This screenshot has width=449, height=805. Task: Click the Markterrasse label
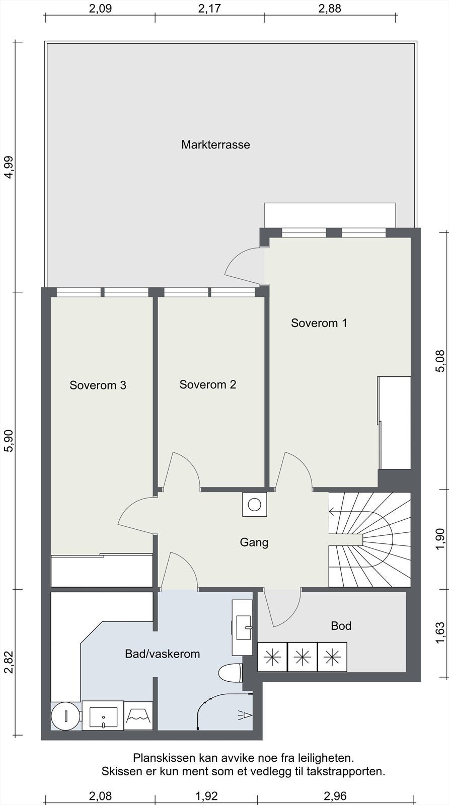(x=215, y=144)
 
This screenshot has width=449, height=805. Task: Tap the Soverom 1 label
(x=319, y=323)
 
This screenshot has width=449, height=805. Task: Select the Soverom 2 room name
(x=208, y=384)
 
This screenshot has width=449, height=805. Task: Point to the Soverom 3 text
(x=98, y=385)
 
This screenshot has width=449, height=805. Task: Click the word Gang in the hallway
(x=254, y=542)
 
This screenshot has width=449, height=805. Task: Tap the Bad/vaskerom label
(x=163, y=654)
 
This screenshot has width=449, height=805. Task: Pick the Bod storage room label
(x=341, y=626)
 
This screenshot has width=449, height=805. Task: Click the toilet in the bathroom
(x=230, y=672)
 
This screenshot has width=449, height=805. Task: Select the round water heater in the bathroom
(x=65, y=716)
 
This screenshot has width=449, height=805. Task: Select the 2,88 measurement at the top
(x=330, y=8)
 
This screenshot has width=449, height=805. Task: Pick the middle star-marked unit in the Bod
(x=303, y=657)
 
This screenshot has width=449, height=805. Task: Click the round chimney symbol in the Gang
(x=255, y=505)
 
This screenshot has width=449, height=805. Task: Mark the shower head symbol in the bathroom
(x=245, y=715)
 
